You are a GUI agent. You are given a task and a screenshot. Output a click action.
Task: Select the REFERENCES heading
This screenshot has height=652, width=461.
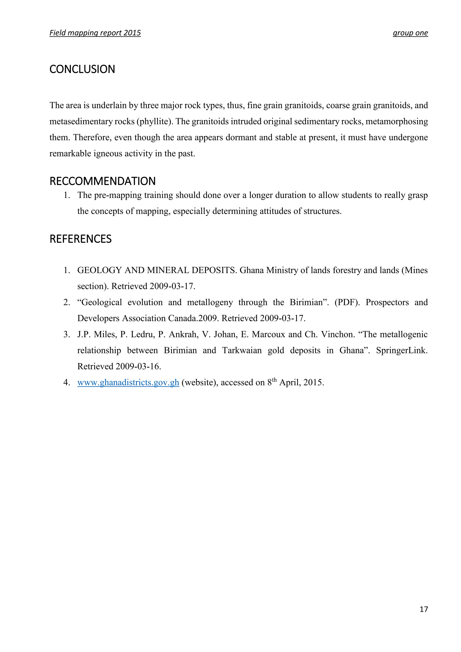point(80,239)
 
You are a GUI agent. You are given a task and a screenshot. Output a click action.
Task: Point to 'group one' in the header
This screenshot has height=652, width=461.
point(410,33)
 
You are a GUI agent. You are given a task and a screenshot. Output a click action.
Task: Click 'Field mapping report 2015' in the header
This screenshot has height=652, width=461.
point(95,33)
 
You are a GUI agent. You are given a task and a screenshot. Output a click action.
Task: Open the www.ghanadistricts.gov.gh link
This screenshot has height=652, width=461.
point(128,383)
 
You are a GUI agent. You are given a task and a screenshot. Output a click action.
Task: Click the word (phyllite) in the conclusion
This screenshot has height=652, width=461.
point(154,122)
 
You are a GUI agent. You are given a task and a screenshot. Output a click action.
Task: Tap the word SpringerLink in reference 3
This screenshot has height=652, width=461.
point(401,350)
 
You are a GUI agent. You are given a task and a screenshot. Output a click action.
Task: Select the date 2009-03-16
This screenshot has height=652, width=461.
point(138,367)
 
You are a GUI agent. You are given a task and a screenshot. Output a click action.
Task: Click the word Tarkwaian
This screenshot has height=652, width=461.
point(242,350)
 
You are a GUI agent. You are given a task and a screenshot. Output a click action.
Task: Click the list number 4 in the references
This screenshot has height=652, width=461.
point(66,383)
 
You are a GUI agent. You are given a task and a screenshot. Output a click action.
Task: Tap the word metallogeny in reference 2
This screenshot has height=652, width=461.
point(210,302)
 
